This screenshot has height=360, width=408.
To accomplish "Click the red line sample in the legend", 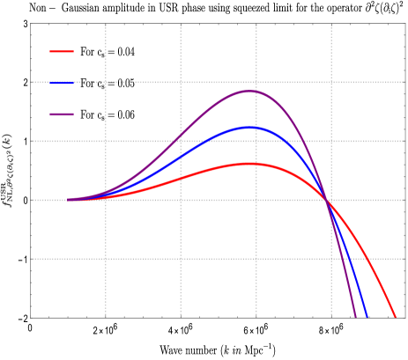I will (62, 51).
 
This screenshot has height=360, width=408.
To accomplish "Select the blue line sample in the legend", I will (62, 83).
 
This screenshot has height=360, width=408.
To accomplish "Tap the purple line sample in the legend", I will (62, 114).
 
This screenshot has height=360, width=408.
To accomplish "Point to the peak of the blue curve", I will (252, 128).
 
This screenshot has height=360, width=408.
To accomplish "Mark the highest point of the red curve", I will (252, 163).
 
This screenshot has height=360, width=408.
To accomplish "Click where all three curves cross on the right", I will (330, 201).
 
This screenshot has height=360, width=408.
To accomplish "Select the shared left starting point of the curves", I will (68, 200).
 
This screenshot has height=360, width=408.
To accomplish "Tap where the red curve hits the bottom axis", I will (396, 317).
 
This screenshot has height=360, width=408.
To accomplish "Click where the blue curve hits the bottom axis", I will (367, 317).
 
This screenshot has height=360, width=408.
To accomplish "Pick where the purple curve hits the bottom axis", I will (355, 317).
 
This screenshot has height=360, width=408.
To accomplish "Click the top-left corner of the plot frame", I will (31, 24).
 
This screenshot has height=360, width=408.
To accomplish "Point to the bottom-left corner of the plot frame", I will (31, 317).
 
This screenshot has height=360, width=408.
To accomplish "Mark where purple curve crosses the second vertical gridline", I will (181, 137).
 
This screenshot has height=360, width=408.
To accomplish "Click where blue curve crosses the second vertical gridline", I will (181, 158).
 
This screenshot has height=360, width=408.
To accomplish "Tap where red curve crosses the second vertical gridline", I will (181, 179).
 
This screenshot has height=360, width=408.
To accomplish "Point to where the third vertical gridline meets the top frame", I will (256, 24).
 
